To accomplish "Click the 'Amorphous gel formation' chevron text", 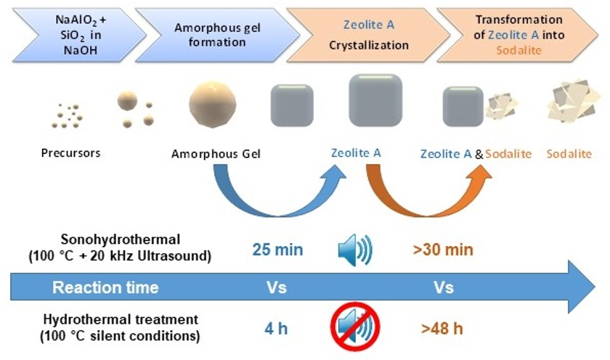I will pos(211,33).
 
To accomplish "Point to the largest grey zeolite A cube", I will pos(375,100).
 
